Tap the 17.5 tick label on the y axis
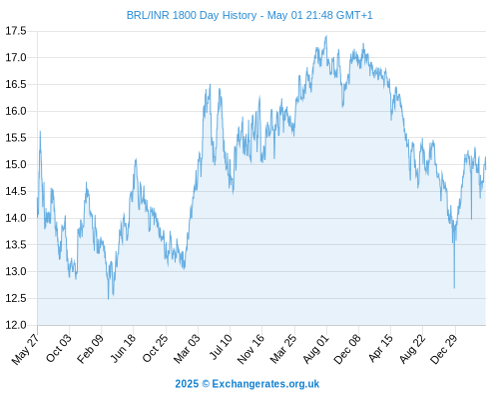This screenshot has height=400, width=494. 16,31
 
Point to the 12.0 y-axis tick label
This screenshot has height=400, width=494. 16,325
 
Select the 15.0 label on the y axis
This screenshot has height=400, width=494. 16,165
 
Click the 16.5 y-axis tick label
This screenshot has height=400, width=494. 16,84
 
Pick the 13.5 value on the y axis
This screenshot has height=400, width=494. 16,245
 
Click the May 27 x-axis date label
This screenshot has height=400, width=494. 25,349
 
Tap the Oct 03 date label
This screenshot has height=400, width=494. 59,349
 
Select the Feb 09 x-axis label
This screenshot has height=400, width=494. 90,349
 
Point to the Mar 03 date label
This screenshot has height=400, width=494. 187,349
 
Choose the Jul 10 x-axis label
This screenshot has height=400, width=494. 221,347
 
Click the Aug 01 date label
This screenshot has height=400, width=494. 316,349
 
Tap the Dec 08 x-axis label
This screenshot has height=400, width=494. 347,349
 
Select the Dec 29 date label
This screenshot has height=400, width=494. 444,349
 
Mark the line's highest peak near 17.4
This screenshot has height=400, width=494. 326,36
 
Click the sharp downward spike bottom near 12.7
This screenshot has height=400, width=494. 454,288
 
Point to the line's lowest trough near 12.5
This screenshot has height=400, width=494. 108,299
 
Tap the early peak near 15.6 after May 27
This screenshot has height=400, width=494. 40,131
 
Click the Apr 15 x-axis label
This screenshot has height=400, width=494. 380,348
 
